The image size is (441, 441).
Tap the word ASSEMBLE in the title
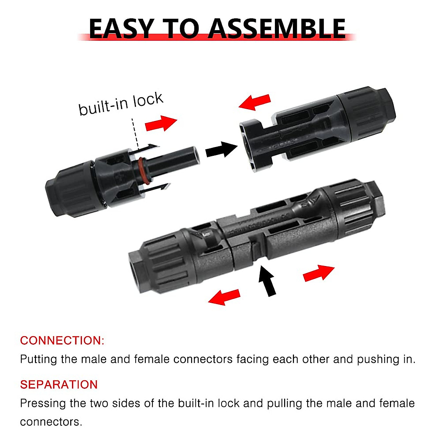point(277,29)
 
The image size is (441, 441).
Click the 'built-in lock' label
point(121,104)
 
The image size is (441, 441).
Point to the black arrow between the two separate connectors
point(221,149)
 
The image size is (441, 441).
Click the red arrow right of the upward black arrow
point(318,273)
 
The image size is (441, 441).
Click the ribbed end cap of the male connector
point(70,191)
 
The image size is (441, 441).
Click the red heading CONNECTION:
point(62,340)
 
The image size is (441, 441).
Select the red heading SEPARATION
point(59,384)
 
